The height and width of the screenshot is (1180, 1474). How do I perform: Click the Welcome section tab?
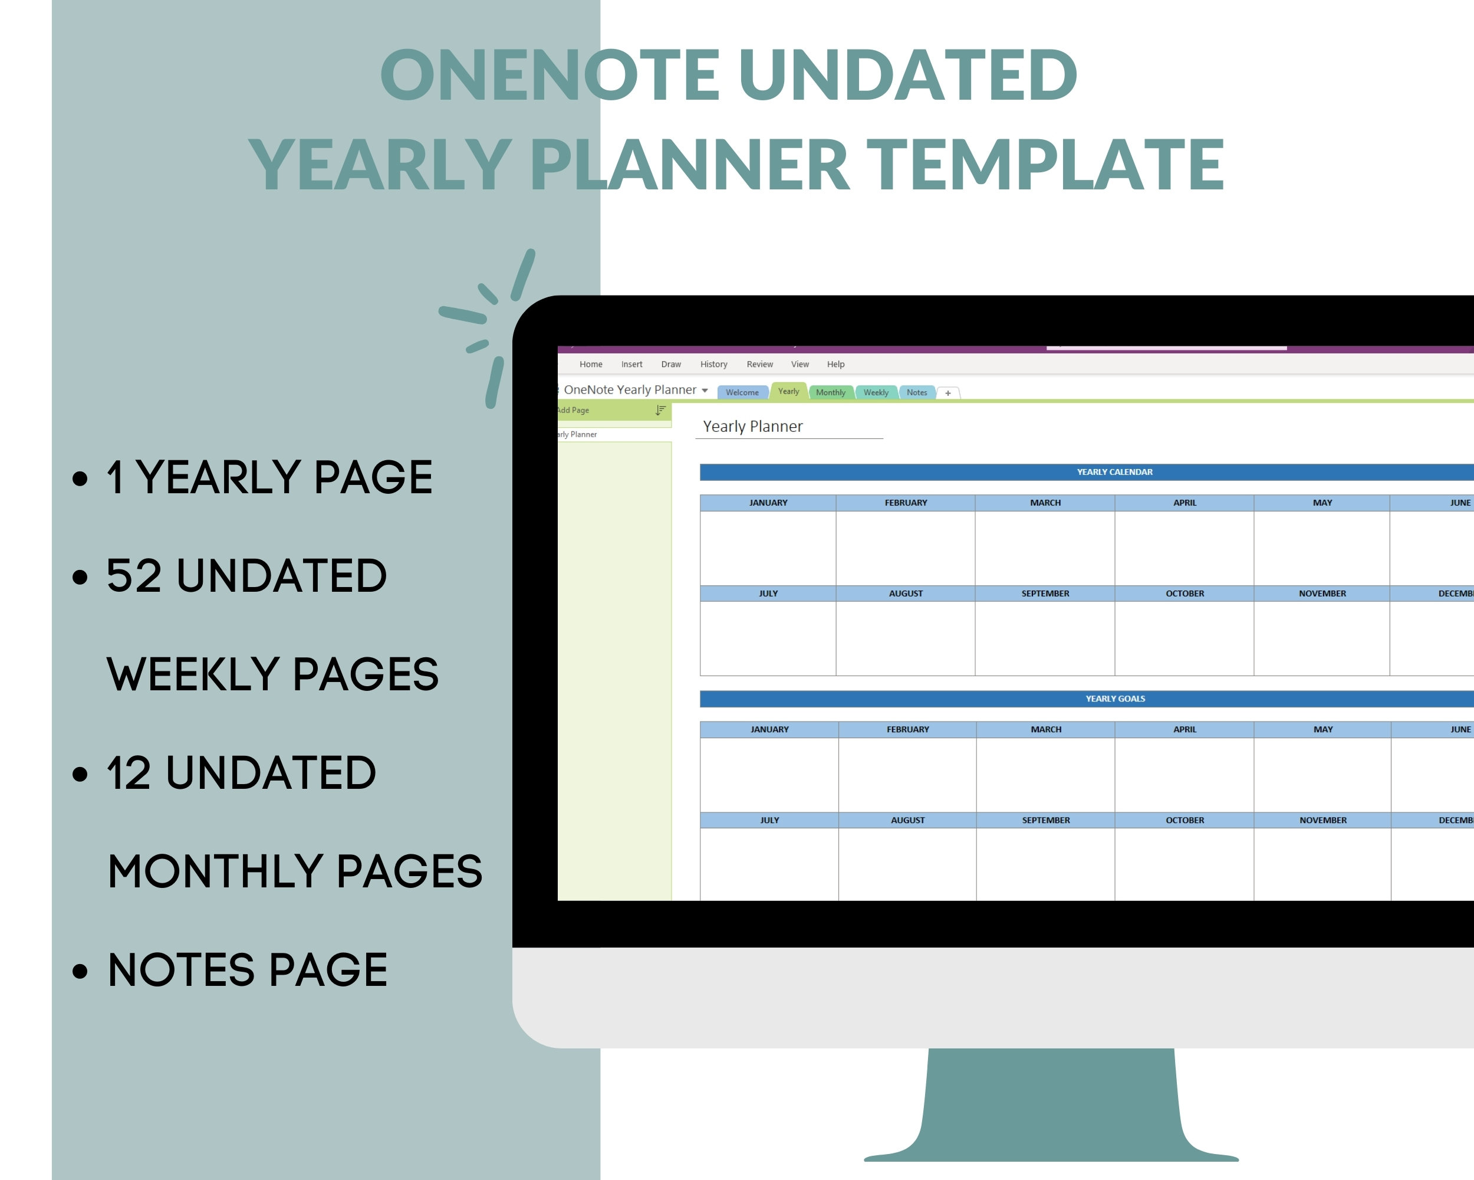click(742, 392)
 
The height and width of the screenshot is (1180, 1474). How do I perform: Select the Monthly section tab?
click(830, 392)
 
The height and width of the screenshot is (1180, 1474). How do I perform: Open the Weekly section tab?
click(875, 392)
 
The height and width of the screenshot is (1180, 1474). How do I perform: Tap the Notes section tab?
click(916, 392)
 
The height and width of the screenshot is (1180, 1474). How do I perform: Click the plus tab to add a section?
click(947, 393)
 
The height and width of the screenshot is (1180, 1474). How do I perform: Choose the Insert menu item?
click(631, 364)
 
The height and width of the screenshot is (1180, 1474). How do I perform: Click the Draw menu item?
click(671, 364)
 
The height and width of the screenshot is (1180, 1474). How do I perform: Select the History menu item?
click(713, 364)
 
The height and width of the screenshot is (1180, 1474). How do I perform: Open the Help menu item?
click(835, 364)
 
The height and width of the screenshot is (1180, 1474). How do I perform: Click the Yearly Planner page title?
click(752, 426)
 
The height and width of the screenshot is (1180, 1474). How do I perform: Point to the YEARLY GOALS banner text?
click(1115, 699)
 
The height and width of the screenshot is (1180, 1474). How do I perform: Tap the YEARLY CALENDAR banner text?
click(1114, 472)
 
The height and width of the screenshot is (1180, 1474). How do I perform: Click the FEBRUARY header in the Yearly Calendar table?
click(906, 503)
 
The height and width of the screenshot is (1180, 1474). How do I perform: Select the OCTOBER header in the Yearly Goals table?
click(1185, 820)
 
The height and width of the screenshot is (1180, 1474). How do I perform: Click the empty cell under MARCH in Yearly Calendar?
click(1045, 548)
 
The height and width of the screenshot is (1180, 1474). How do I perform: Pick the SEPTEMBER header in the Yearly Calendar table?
click(1045, 594)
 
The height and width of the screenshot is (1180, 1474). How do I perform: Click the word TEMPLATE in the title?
click(1045, 164)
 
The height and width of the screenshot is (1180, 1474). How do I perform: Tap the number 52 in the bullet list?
click(134, 575)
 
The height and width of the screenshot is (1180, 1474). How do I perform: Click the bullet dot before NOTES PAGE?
click(81, 971)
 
